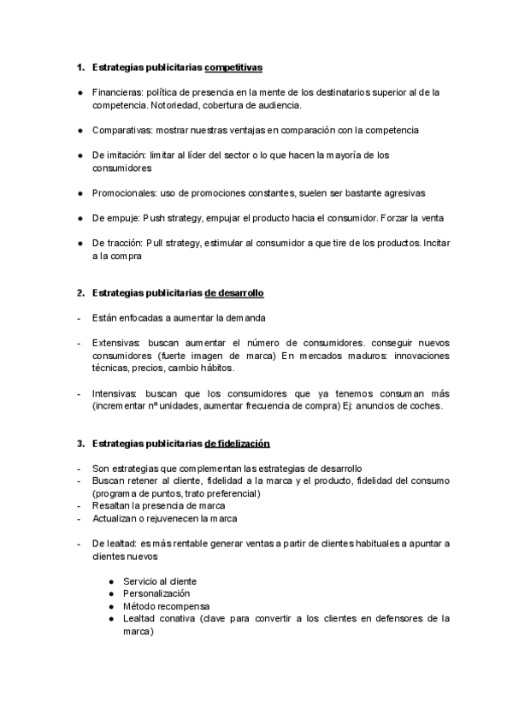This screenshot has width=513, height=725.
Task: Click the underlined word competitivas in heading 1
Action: tap(233, 67)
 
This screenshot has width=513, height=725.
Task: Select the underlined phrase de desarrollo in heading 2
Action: tap(234, 293)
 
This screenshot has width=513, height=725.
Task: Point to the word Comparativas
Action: tap(121, 130)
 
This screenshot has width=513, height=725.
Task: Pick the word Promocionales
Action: tap(122, 193)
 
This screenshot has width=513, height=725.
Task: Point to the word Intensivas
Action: tap(115, 393)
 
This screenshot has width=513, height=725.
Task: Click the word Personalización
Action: tap(156, 593)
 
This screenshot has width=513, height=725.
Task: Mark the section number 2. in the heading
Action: tap(80, 293)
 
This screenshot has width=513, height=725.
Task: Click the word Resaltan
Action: tap(112, 506)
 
